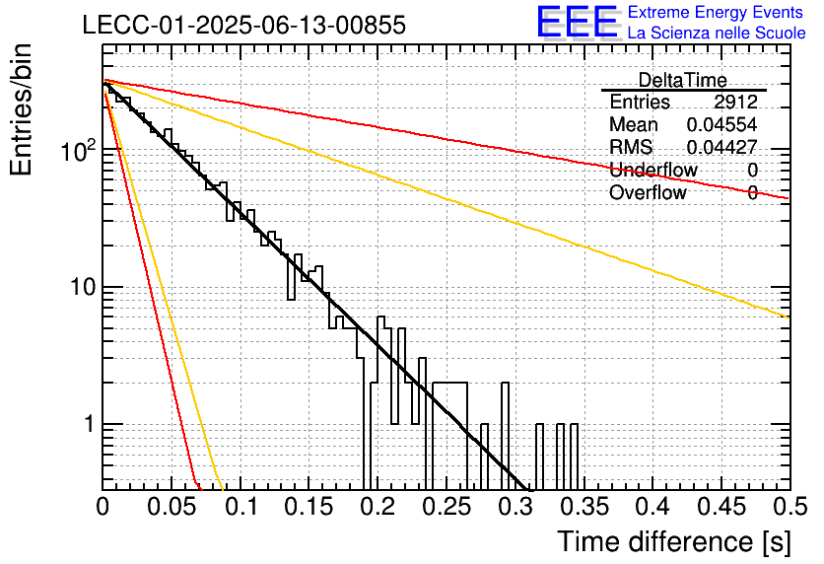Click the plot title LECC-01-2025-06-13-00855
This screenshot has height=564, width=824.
244,25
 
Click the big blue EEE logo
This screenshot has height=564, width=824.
577,22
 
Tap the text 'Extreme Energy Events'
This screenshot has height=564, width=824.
716,12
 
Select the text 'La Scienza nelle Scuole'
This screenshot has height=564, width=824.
717,33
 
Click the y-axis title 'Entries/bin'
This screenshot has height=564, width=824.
21,109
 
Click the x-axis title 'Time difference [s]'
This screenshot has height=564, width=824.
674,541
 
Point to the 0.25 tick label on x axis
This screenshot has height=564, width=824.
446,507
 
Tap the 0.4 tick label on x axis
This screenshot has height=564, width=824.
653,507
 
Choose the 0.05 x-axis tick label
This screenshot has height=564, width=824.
172,507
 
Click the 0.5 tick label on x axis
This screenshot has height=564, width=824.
790,507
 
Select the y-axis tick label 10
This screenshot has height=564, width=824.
83,287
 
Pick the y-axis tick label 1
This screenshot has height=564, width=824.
90,424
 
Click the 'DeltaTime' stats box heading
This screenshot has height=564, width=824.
683,80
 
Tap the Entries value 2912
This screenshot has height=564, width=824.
735,102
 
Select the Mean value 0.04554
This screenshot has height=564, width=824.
722,124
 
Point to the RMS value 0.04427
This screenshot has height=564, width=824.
722,147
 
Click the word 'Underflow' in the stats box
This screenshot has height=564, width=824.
653,170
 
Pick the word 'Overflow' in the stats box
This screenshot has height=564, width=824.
648,192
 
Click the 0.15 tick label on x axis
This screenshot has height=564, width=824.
309,507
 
